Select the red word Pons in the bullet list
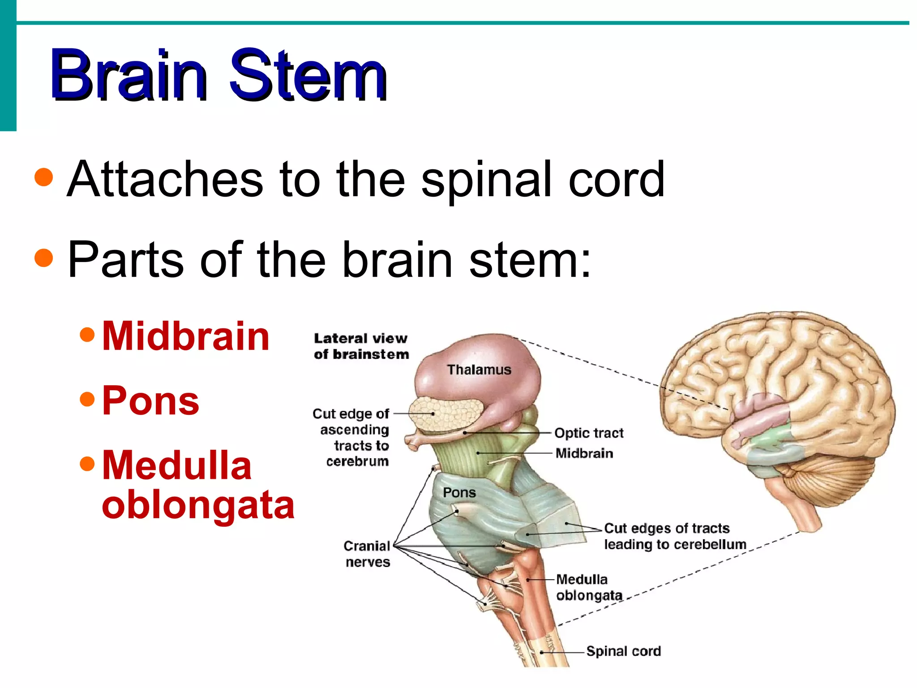point(150,401)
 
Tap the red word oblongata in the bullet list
point(198,505)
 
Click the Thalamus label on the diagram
point(479,370)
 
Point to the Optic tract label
point(589,433)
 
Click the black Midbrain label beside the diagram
point(584,453)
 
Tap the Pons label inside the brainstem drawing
point(459,493)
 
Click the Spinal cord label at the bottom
point(623,651)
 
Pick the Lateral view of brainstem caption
point(361,346)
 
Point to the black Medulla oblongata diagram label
point(589,588)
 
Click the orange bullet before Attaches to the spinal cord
point(44,177)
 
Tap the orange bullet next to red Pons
point(87,399)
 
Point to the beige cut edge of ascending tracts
point(446,414)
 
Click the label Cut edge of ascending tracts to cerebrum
point(351,437)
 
